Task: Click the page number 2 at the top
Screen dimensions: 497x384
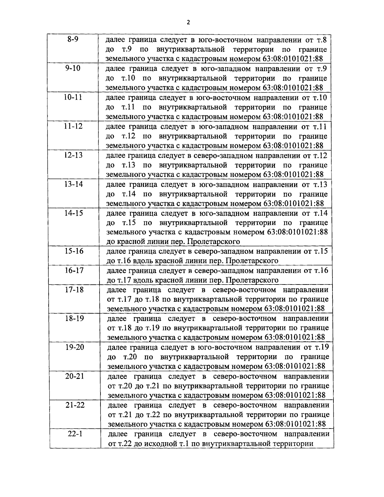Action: tap(188, 22)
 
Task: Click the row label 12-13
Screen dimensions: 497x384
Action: tap(73, 155)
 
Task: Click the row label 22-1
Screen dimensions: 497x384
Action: tap(76, 434)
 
